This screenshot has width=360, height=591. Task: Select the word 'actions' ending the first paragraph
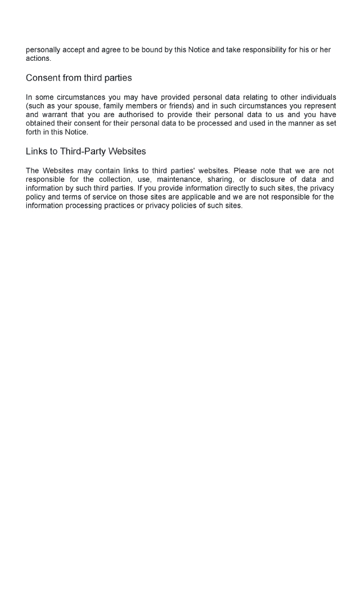[x=38, y=58]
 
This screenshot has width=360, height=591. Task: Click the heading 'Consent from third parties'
[x=79, y=78]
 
